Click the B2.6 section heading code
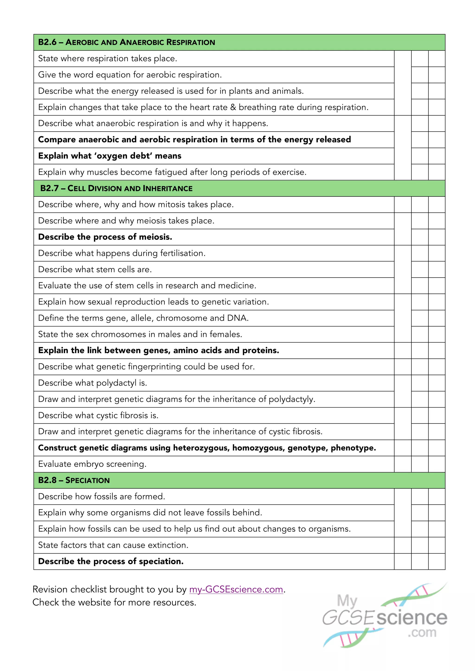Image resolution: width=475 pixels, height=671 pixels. point(47,42)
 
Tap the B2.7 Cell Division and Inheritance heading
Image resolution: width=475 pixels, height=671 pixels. point(116,188)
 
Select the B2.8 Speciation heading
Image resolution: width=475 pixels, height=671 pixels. point(74,480)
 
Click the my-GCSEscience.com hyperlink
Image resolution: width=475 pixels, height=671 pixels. point(236,589)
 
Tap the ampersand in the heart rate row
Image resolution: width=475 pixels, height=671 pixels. point(233,107)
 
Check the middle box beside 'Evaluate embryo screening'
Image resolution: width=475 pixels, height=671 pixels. point(420,464)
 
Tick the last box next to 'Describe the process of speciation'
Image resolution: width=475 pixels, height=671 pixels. point(437,561)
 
